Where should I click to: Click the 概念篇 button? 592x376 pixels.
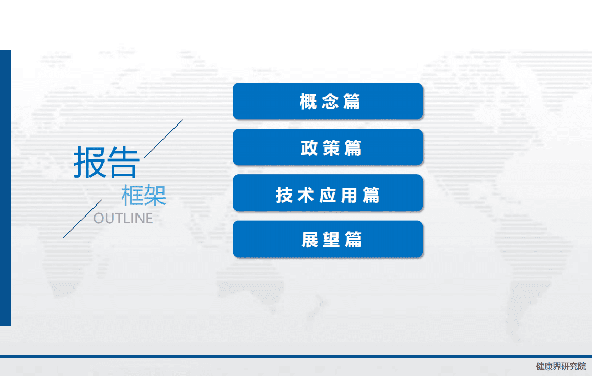[328, 101]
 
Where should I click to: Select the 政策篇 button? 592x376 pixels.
[328, 147]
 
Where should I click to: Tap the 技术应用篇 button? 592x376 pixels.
[328, 193]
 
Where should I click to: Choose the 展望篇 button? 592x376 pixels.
[328, 239]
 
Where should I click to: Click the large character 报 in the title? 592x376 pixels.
[89, 162]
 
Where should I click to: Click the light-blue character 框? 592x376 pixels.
[132, 196]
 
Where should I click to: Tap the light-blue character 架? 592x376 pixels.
[155, 196]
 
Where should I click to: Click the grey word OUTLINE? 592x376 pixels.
[123, 218]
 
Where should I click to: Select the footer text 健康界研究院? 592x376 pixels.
[561, 367]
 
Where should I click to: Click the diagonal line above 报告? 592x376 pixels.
[164, 139]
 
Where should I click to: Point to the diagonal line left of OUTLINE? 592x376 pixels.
[82, 219]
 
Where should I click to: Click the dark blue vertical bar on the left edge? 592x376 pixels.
[5, 188]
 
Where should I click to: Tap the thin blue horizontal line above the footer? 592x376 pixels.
[296, 356]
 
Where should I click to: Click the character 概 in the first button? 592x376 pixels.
[308, 101]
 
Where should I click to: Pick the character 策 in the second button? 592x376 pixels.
[331, 147]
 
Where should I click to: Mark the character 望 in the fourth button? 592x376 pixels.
[331, 240]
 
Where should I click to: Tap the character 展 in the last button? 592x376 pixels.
[310, 240]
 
